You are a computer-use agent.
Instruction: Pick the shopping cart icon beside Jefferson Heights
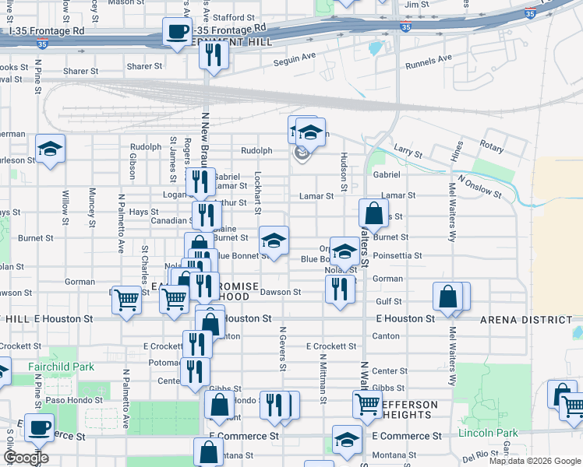point(367,404)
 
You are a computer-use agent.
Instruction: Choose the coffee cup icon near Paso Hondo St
point(39,427)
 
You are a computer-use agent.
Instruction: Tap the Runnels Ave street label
point(429,58)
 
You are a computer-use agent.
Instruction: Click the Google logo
point(26,458)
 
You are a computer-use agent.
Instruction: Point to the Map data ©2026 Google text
point(534,461)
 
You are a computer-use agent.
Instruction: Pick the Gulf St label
point(388,301)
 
